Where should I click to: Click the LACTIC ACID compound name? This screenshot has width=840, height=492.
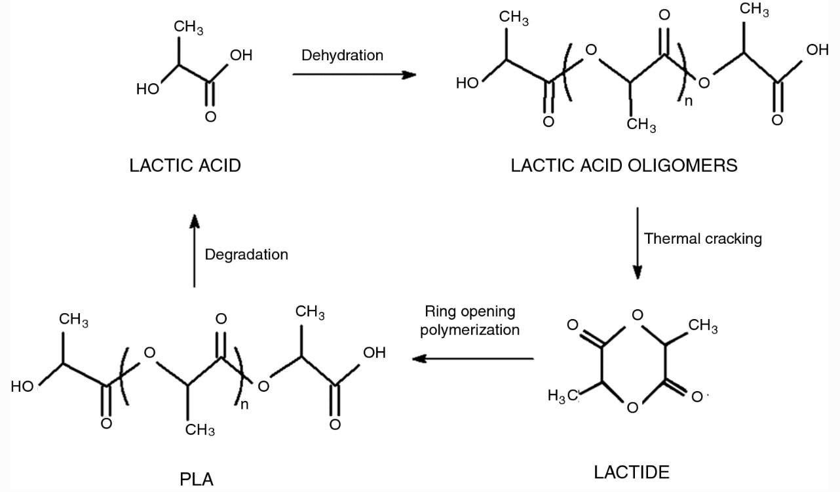(185, 165)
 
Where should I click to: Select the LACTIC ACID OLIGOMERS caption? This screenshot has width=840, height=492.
(624, 165)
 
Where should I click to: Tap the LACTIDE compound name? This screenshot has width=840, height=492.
(632, 472)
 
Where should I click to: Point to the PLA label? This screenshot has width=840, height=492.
(197, 479)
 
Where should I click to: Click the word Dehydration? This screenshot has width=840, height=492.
(342, 55)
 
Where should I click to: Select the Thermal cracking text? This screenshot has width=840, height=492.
(703, 238)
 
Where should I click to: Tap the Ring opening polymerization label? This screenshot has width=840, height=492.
(470, 320)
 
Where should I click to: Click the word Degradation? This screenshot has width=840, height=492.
(246, 254)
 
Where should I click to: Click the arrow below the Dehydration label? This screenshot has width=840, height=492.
(354, 75)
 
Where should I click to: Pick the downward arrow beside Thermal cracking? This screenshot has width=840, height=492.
(638, 243)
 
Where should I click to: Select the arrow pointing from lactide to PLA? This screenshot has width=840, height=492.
(472, 358)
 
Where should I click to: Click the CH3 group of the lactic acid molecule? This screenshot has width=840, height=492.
(188, 28)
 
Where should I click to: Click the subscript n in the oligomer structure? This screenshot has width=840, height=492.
(688, 102)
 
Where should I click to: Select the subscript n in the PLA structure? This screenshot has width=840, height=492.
(244, 404)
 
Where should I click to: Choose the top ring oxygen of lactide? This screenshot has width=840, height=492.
(637, 316)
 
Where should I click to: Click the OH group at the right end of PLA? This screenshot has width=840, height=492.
(374, 353)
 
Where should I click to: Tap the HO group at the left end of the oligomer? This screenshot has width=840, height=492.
(467, 83)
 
